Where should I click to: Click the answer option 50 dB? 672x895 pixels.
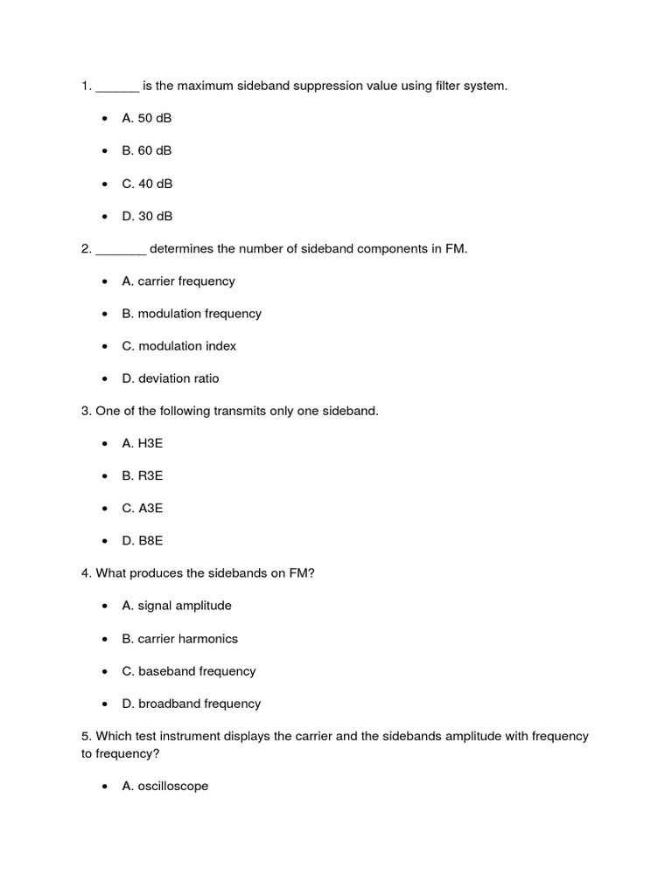click(146, 118)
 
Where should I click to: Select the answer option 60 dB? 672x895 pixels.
click(146, 150)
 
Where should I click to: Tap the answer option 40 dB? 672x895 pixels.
click(146, 184)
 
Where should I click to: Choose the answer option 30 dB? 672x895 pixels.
click(146, 216)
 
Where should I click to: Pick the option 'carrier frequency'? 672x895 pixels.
click(178, 281)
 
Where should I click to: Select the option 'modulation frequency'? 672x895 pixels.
click(191, 313)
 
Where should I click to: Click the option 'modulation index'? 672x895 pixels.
click(178, 345)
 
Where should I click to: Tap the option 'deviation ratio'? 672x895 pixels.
click(171, 378)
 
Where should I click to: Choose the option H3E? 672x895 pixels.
click(143, 443)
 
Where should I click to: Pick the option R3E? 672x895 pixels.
click(143, 475)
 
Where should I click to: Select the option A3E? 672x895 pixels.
click(143, 508)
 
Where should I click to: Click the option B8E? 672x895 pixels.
click(143, 541)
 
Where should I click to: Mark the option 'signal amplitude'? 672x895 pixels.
click(177, 605)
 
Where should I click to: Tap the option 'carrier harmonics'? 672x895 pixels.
click(179, 638)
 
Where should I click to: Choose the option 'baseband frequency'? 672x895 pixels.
click(188, 671)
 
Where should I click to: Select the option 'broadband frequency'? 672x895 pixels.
click(191, 704)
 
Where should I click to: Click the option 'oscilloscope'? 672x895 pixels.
click(164, 786)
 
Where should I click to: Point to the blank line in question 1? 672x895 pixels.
click(117, 87)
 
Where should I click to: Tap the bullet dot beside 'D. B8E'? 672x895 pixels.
click(105, 541)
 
